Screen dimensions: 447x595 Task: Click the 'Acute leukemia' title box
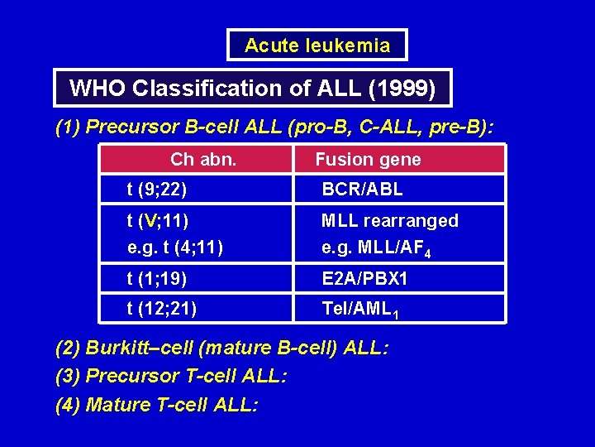(317, 46)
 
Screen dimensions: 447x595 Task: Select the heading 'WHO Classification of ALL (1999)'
(253, 88)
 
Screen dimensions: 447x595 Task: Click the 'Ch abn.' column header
(203, 159)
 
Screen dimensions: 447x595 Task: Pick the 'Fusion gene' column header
(369, 159)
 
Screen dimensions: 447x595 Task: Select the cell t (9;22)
(157, 190)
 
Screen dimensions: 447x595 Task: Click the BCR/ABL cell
(363, 190)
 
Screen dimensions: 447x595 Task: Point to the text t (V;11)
(158, 221)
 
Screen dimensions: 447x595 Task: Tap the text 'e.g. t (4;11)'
(175, 246)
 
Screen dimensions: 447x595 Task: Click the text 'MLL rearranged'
(390, 221)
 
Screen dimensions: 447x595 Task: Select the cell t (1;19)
(157, 279)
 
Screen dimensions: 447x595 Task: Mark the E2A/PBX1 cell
(365, 279)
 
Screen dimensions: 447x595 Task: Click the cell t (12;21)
(162, 308)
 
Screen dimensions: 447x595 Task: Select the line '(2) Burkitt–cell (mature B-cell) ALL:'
(221, 348)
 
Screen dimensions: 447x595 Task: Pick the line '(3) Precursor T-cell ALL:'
(171, 377)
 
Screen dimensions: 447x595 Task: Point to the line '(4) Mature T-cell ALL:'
(156, 405)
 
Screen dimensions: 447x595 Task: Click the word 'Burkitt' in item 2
(116, 348)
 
